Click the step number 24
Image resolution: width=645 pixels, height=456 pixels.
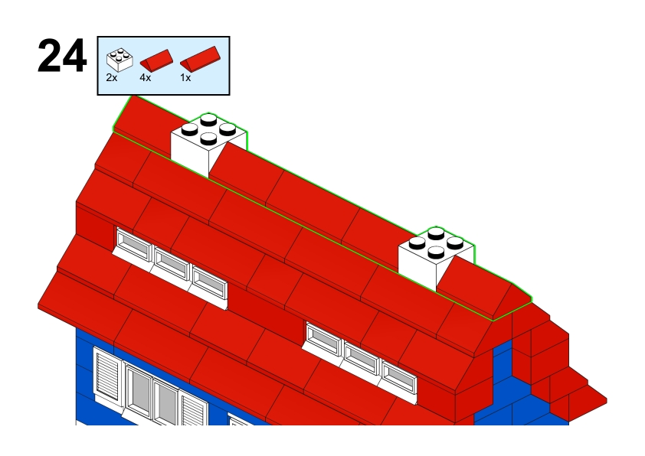pyautogui.click(x=62, y=56)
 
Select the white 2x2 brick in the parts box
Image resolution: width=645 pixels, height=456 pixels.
pyautogui.click(x=120, y=60)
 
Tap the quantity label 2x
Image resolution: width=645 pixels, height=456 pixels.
pyautogui.click(x=112, y=77)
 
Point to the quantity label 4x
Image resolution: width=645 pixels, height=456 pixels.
pyautogui.click(x=146, y=77)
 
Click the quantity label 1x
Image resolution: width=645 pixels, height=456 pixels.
pyautogui.click(x=185, y=77)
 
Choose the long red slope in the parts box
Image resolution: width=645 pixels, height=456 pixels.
pyautogui.click(x=201, y=59)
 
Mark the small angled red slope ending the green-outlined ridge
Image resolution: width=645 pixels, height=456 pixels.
pyautogui.click(x=512, y=302)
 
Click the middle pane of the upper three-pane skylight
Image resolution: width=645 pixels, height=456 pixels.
pyautogui.click(x=171, y=263)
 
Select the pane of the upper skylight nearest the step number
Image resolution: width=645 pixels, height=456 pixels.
pyautogui.click(x=133, y=244)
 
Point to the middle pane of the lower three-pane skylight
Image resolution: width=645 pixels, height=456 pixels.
pyautogui.click(x=361, y=357)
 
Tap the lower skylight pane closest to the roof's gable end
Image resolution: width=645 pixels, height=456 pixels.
pyautogui.click(x=399, y=377)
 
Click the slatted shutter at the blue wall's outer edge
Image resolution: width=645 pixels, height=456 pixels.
pyautogui.click(x=108, y=374)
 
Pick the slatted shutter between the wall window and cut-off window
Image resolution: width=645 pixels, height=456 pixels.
pyautogui.click(x=193, y=411)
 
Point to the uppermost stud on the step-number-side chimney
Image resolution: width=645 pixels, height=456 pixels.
pyautogui.click(x=209, y=119)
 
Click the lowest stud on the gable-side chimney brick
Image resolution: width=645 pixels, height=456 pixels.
pyautogui.click(x=436, y=252)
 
